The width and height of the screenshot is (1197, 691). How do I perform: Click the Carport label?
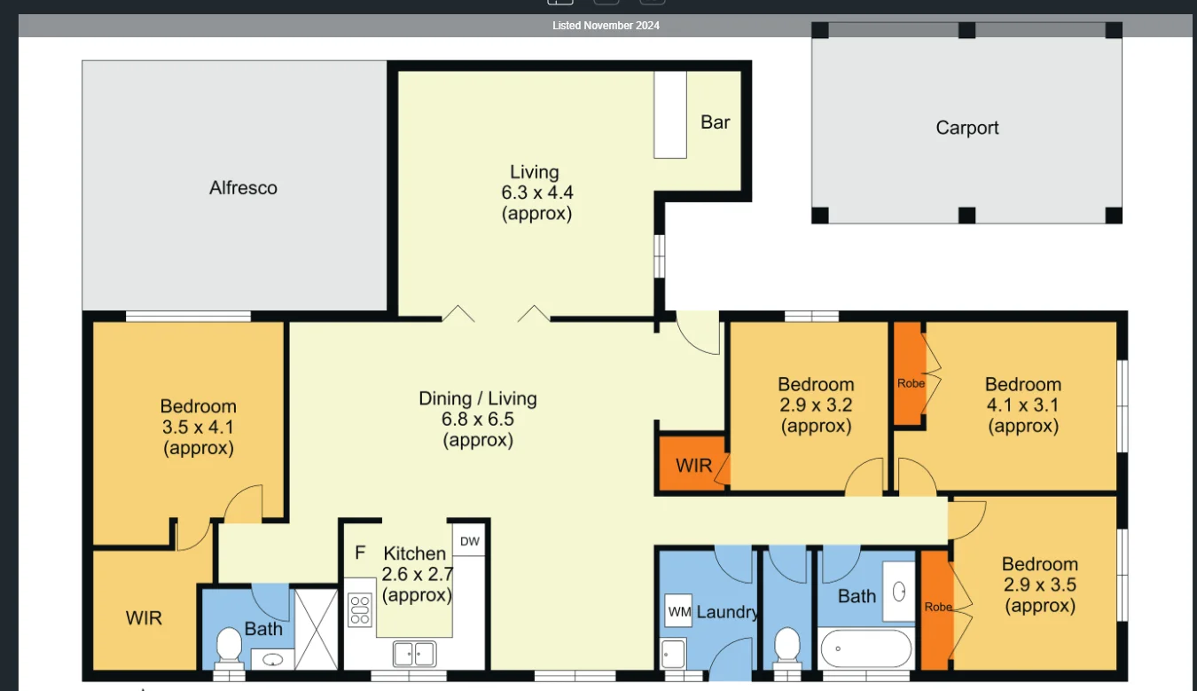(966, 128)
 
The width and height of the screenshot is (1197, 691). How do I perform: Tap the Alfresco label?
(243, 188)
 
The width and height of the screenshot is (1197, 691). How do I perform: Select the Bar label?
(715, 122)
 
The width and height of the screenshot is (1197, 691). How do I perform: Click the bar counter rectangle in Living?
(670, 115)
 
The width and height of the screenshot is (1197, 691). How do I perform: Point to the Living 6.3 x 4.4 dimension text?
(535, 192)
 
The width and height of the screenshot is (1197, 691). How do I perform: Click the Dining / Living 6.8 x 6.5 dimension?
(478, 420)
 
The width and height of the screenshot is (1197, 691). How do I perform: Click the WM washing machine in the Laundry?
(679, 611)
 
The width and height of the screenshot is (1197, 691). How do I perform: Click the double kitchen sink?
(414, 654)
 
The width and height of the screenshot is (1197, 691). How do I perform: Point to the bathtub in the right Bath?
(865, 649)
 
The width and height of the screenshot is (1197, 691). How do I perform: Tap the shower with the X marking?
(316, 629)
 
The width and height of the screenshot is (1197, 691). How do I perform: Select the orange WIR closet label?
(693, 465)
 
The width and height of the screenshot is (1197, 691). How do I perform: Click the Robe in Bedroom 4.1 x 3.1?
(910, 384)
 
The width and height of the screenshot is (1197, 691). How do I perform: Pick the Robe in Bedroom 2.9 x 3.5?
(937, 608)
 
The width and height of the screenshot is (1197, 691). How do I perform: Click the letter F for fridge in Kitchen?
(360, 553)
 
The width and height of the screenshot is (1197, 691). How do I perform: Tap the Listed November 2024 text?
(606, 26)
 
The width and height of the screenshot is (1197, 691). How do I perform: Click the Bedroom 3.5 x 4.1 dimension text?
(199, 428)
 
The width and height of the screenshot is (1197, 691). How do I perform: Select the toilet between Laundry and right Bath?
(786, 647)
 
